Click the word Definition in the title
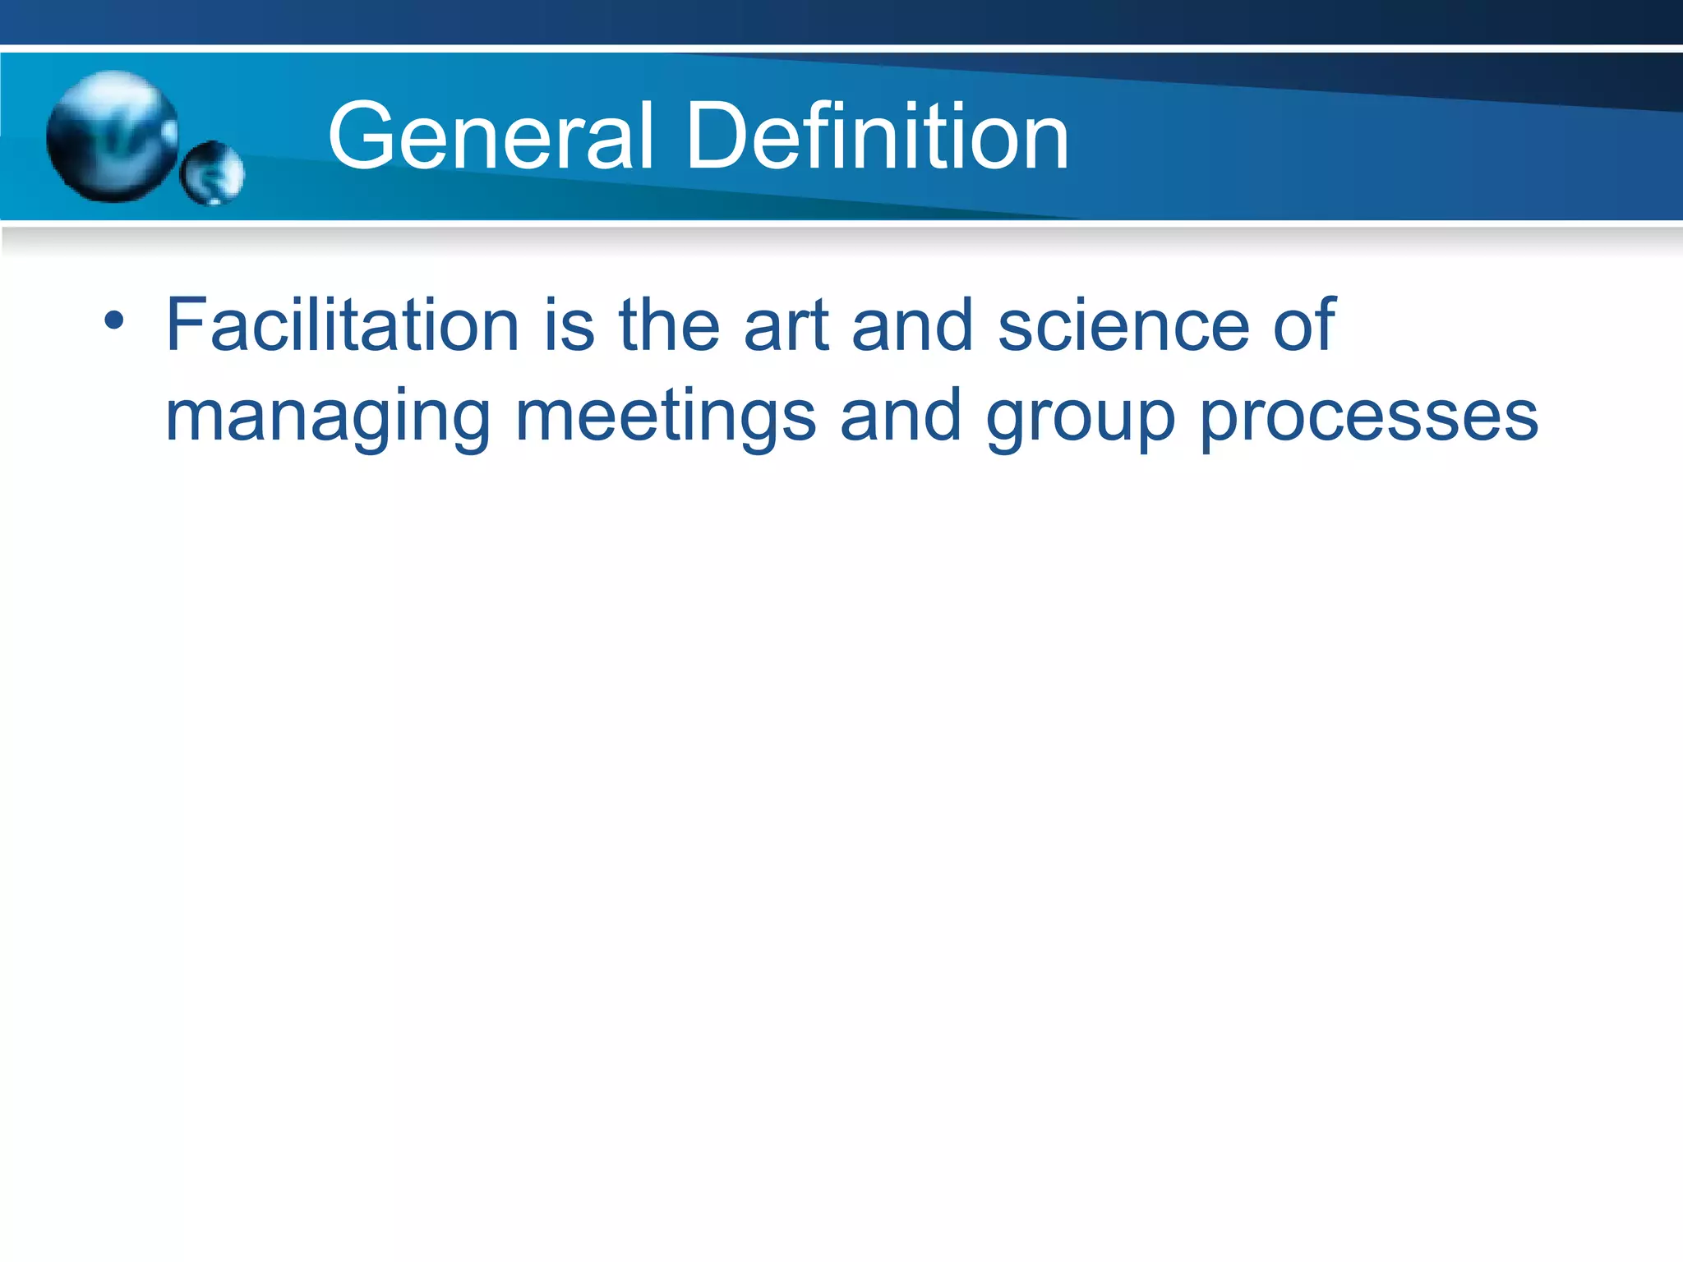(x=877, y=136)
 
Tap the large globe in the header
(x=113, y=136)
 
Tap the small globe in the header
(x=212, y=173)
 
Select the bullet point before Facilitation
(x=114, y=320)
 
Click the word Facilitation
(x=343, y=325)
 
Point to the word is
(x=569, y=325)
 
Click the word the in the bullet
(x=670, y=325)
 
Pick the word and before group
(x=901, y=416)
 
